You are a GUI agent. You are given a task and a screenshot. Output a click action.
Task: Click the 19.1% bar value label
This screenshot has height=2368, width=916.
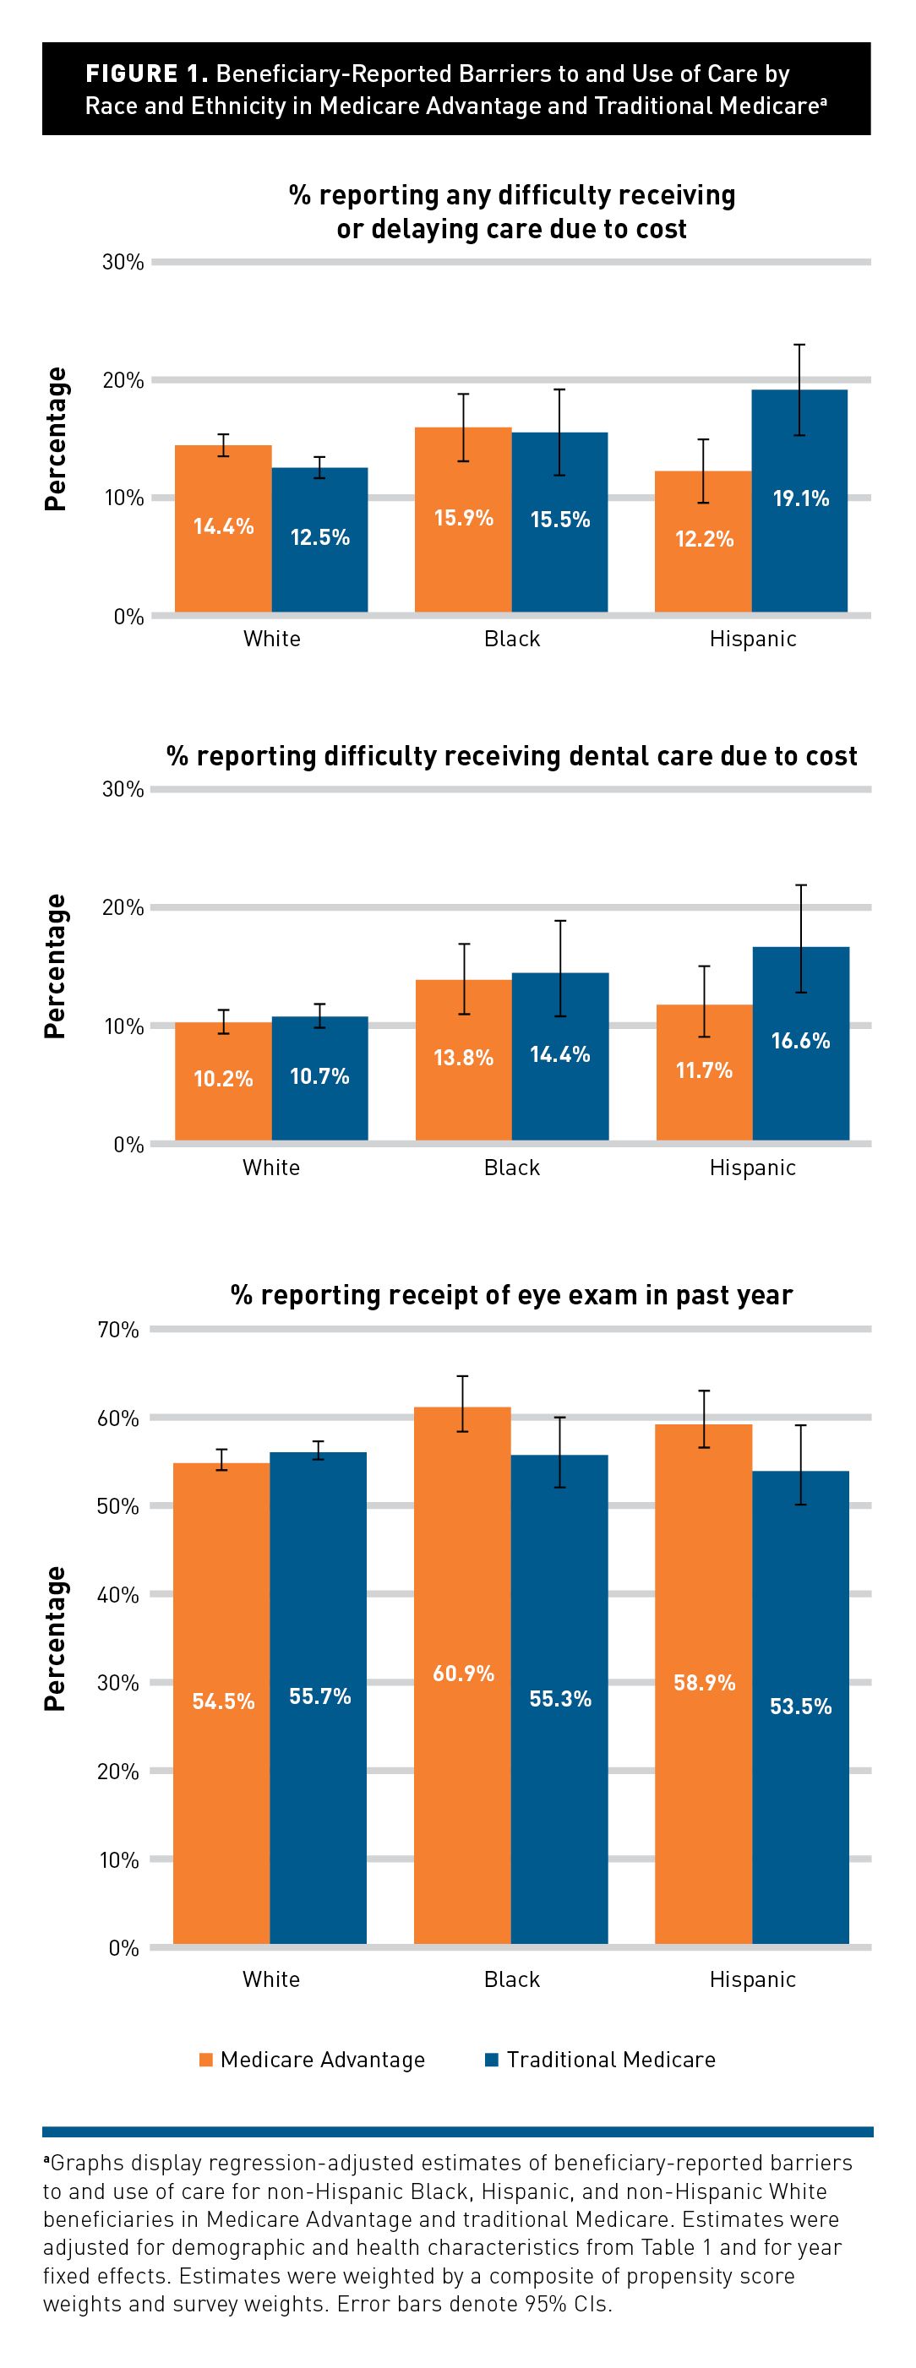tap(800, 498)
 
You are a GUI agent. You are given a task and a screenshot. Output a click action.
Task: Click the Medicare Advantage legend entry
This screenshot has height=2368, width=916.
tap(313, 2059)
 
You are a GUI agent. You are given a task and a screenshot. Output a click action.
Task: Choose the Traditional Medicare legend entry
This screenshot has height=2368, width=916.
tap(601, 2059)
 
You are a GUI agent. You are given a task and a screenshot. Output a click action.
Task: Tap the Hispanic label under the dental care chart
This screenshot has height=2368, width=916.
tap(752, 1168)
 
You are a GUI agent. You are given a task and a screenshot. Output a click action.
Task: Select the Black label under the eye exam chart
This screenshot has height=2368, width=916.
tap(512, 1979)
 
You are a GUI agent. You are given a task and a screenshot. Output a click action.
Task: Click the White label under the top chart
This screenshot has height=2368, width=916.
tap(271, 639)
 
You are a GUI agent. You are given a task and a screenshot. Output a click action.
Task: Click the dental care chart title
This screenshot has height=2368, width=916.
tap(511, 755)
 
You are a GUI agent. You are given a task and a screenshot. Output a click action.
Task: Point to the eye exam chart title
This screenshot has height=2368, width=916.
tap(511, 1294)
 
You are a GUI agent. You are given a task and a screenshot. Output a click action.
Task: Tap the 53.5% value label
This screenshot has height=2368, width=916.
tap(800, 1707)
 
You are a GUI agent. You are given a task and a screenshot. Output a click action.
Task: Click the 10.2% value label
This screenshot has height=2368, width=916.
tap(223, 1078)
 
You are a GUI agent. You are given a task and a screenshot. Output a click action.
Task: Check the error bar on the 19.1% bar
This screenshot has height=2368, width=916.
tap(800, 389)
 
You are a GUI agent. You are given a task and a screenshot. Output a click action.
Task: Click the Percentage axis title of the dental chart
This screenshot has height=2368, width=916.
tap(55, 966)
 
